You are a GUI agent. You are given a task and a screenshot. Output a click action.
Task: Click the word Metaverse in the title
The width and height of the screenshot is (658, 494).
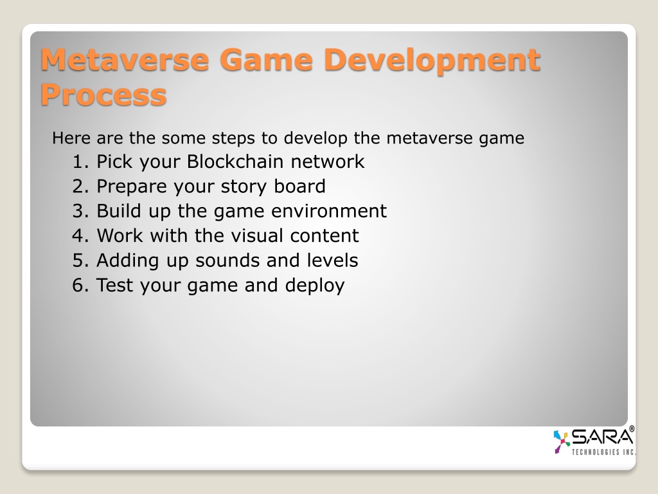pyautogui.click(x=125, y=60)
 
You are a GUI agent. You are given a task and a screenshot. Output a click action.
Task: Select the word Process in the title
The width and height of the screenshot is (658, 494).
pyautogui.click(x=103, y=95)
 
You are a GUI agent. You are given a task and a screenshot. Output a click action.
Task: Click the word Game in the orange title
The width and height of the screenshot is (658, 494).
pyautogui.click(x=266, y=60)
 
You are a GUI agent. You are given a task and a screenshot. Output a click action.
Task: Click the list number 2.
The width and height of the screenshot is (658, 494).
pyautogui.click(x=80, y=187)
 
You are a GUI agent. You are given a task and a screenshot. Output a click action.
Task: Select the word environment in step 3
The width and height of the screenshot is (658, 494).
pyautogui.click(x=329, y=211)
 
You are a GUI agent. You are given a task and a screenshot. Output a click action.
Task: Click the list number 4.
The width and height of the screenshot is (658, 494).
pyautogui.click(x=80, y=235)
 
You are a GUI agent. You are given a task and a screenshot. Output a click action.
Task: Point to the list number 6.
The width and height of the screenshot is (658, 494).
pyautogui.click(x=80, y=285)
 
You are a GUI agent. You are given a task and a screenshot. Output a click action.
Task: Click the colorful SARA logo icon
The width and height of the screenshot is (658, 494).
pyautogui.click(x=562, y=441)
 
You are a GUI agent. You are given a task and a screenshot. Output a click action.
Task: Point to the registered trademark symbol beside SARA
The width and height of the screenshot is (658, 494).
pyautogui.click(x=632, y=429)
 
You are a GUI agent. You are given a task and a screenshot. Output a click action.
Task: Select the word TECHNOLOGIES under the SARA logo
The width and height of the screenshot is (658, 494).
pyautogui.click(x=596, y=452)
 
